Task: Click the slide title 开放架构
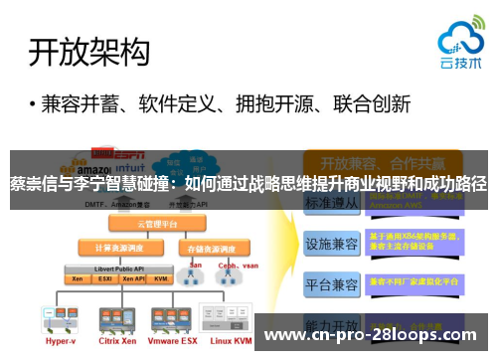coord(89,52)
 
